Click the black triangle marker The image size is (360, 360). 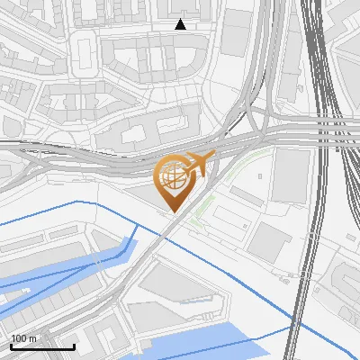coord(180,24)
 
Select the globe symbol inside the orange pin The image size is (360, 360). coord(172,178)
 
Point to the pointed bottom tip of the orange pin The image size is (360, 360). coord(172,212)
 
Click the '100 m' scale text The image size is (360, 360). coord(23,338)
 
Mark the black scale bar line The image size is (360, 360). coord(42,346)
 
